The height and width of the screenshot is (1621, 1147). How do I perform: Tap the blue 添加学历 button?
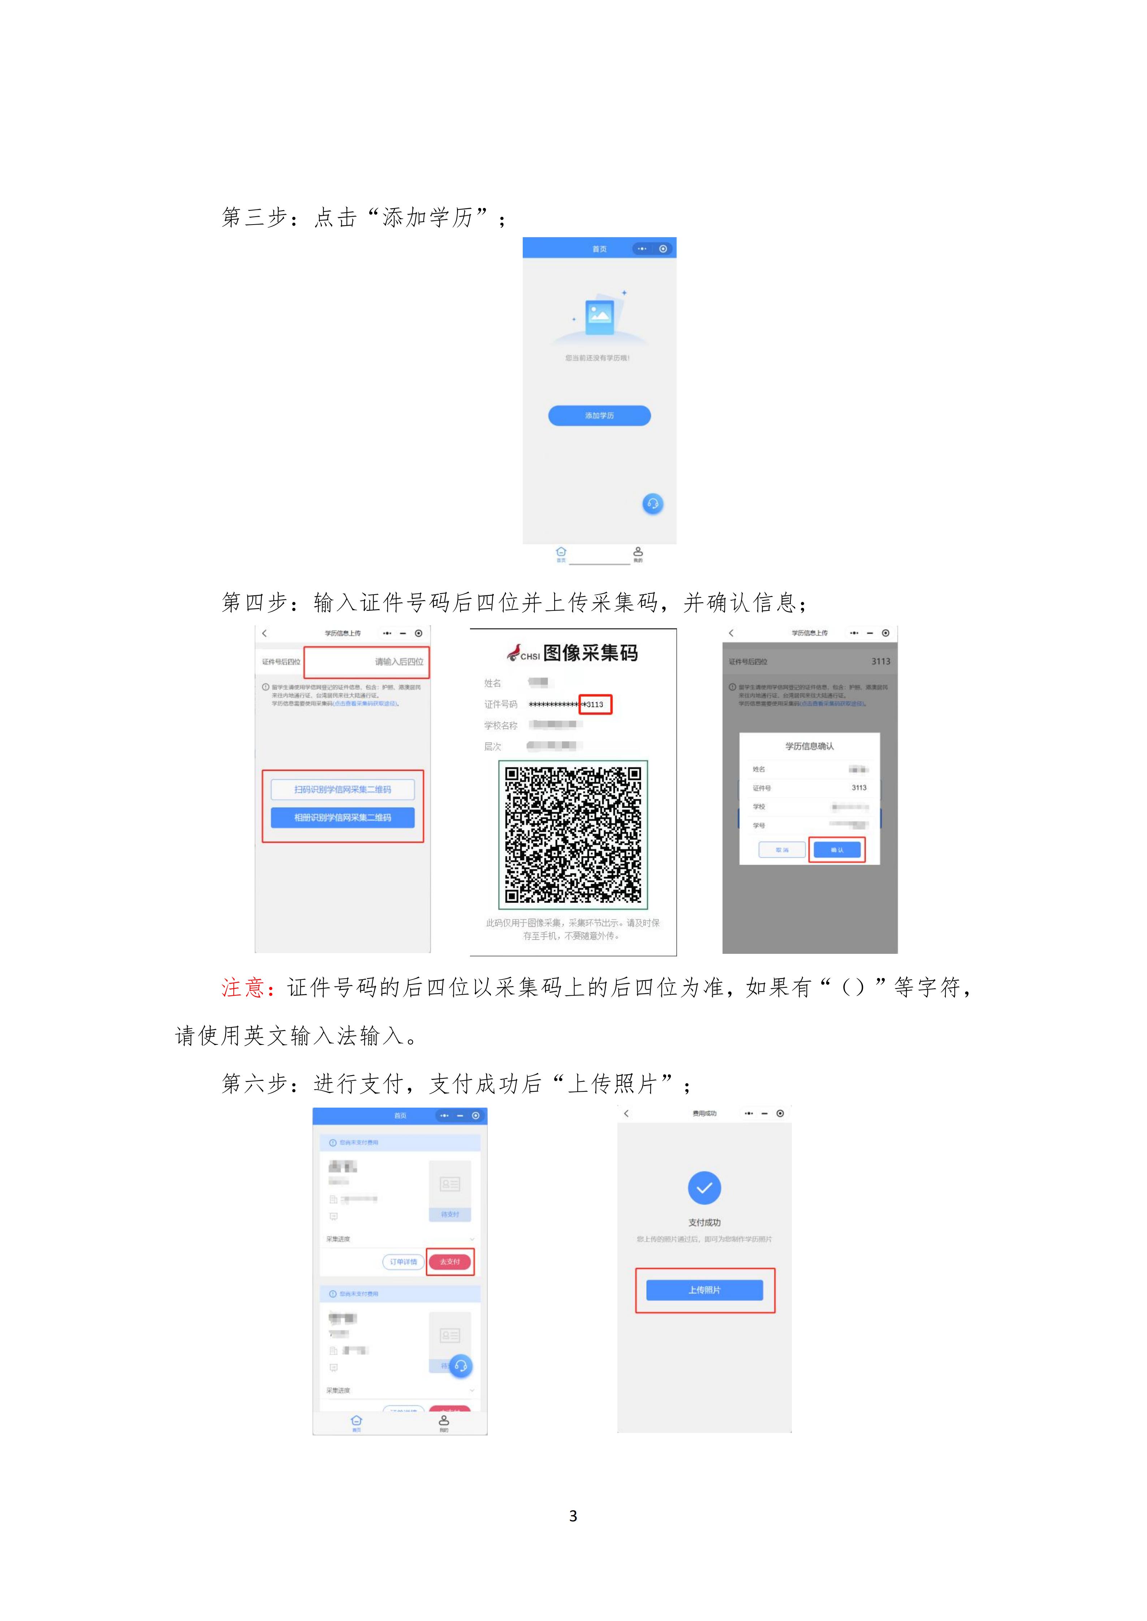coord(599,415)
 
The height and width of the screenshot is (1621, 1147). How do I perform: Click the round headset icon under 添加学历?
coord(652,503)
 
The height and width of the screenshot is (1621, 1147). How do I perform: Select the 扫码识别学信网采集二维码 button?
coord(342,789)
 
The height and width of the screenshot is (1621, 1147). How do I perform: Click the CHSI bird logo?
coord(513,653)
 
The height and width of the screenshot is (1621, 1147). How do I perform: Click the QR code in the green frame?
coord(573,834)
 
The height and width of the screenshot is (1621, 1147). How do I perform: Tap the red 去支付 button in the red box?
coord(450,1262)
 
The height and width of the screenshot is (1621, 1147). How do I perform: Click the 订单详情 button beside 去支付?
coord(403,1262)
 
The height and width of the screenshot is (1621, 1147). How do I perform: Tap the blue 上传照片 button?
coord(704,1290)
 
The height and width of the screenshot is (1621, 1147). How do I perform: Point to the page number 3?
coord(573,1516)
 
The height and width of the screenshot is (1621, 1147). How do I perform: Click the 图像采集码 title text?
coord(590,653)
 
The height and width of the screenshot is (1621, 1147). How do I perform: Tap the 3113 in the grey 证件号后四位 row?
coord(880,661)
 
